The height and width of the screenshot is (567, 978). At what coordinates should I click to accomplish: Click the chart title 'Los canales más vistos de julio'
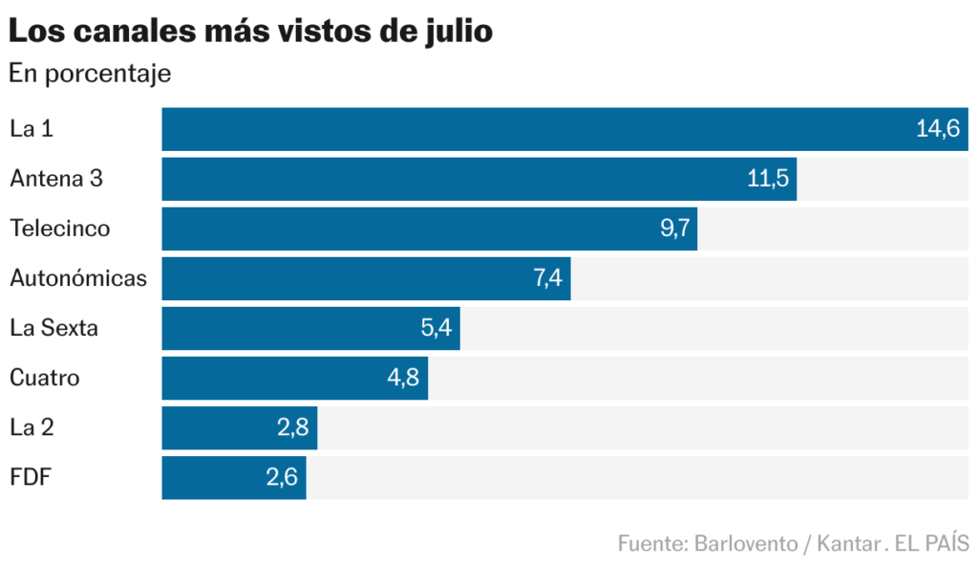(x=250, y=31)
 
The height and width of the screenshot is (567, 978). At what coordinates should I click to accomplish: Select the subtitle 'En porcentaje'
(x=90, y=74)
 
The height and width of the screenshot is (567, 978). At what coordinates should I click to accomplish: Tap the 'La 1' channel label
(x=32, y=129)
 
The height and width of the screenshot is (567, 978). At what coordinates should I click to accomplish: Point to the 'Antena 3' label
(x=56, y=179)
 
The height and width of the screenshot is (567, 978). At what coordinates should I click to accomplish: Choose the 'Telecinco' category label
(x=60, y=229)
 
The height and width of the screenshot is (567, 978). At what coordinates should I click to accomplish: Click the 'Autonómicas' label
(x=78, y=278)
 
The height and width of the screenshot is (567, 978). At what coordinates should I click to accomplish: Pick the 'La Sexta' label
(x=54, y=328)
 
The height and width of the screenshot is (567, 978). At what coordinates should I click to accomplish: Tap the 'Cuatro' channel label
(x=45, y=378)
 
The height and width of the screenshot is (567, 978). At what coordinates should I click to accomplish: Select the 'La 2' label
(x=32, y=427)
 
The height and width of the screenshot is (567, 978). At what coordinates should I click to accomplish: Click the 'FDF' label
(x=30, y=477)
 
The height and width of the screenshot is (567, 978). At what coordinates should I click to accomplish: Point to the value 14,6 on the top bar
(x=937, y=129)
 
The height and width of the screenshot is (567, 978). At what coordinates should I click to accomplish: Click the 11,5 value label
(x=768, y=179)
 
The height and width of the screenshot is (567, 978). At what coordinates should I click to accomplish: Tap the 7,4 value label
(x=547, y=278)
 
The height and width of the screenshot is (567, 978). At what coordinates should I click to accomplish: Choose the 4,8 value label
(x=403, y=378)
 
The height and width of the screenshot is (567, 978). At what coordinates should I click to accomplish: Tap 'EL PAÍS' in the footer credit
(x=932, y=543)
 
